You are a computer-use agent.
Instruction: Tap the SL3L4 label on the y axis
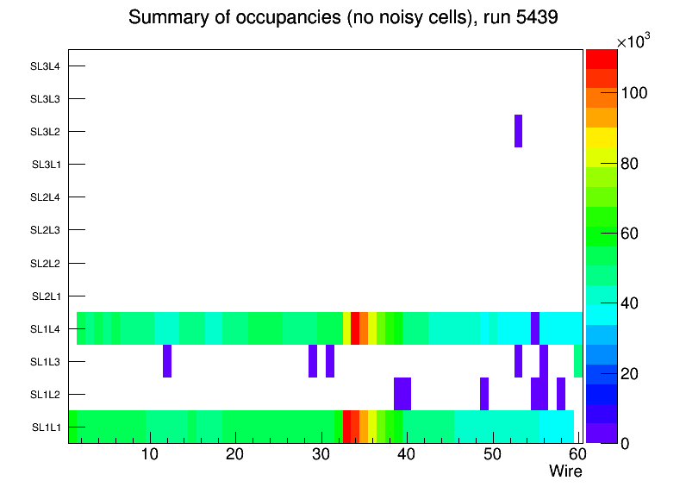(45, 66)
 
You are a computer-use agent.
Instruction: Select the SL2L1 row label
(45, 296)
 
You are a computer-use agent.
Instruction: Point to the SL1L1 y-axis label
(45, 427)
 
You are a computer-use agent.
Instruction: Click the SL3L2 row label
(45, 132)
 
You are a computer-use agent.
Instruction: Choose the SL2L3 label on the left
(45, 230)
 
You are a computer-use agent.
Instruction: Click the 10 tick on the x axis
(150, 454)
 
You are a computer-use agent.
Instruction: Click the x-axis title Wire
(565, 471)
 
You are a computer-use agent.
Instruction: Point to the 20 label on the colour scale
(633, 373)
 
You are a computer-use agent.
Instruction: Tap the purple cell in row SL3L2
(519, 131)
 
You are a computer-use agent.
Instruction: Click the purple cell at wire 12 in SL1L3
(167, 361)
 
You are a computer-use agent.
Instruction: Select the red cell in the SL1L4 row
(355, 328)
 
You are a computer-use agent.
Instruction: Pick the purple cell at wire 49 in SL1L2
(484, 394)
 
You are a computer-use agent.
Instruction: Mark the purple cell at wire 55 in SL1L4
(535, 328)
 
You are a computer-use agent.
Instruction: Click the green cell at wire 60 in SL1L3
(578, 361)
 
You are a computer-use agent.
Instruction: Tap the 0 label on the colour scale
(628, 443)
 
